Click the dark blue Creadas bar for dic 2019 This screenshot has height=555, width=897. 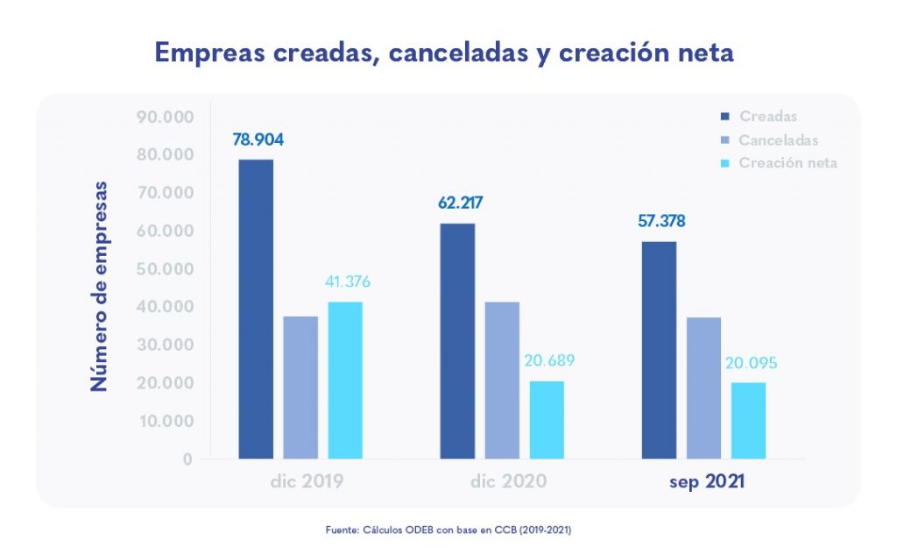[x=256, y=309]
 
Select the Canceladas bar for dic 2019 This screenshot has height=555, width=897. [x=300, y=387]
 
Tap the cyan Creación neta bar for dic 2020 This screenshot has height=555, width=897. [x=547, y=419]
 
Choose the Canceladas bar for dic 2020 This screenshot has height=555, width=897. [x=502, y=380]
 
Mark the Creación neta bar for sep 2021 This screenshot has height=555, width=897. [x=748, y=420]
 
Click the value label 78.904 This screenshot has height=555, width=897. [x=258, y=139]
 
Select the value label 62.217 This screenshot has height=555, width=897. [x=461, y=203]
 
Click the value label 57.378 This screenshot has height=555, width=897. [x=661, y=221]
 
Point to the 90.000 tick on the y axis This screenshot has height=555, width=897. [x=165, y=117]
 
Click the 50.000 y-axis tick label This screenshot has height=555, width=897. [x=165, y=268]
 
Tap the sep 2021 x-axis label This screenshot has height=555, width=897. [x=706, y=481]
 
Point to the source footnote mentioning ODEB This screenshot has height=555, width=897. [x=448, y=530]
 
